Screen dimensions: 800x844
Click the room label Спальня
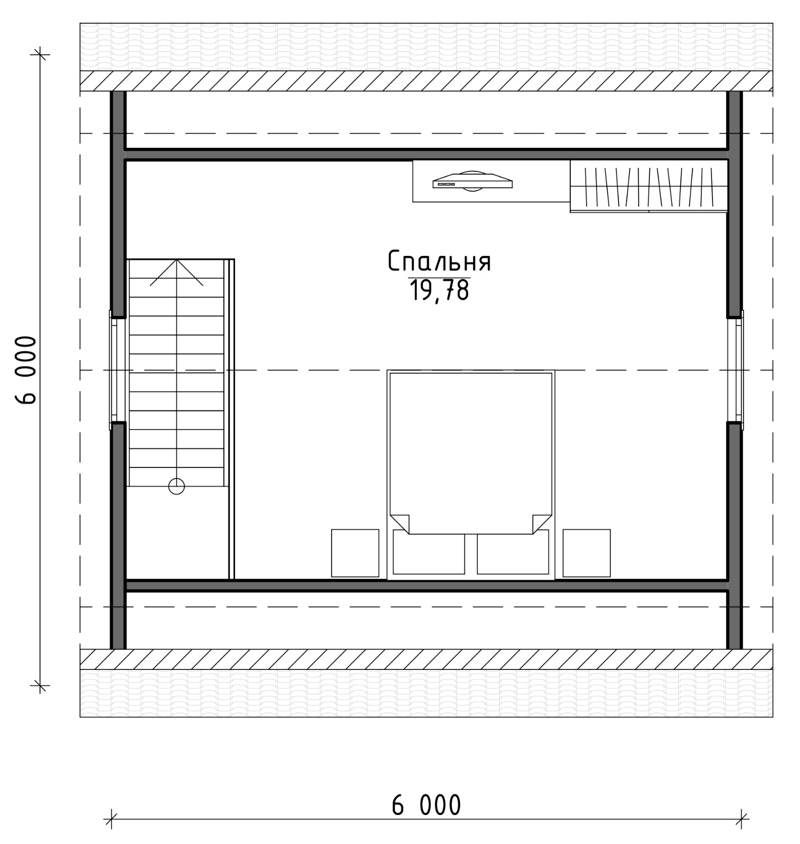pos(440,262)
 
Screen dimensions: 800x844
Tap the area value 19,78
pos(440,291)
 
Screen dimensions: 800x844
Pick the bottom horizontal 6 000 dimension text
pos(426,805)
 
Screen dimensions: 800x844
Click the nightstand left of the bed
pos(355,553)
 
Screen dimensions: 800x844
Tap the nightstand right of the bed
pos(587,553)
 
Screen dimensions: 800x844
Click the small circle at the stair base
pos(177,486)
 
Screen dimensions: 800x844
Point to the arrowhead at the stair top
pos(177,260)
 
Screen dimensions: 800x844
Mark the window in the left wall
pos(114,370)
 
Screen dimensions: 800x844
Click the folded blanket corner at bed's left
pos(399,523)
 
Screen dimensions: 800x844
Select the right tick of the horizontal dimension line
pos(742,819)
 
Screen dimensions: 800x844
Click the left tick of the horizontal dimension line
pos(111,819)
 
